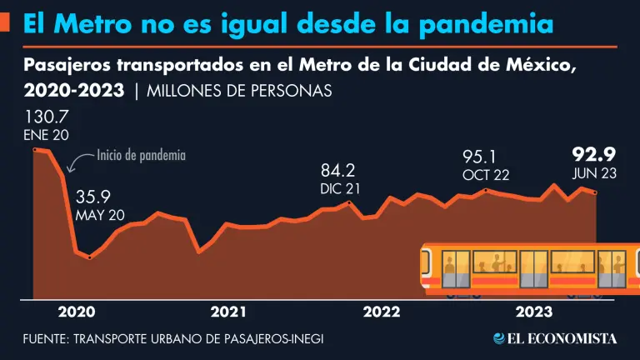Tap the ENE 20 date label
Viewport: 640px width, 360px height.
click(x=46, y=135)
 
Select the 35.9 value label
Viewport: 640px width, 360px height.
click(x=92, y=198)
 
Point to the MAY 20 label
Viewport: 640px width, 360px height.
click(x=99, y=215)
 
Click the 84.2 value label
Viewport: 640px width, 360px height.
click(x=337, y=171)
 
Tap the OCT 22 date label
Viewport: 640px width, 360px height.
click(x=485, y=175)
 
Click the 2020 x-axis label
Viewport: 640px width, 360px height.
click(x=77, y=312)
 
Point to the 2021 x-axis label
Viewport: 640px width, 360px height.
click(x=228, y=312)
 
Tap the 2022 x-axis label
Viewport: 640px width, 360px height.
click(x=382, y=312)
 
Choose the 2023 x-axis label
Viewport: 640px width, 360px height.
click(x=533, y=312)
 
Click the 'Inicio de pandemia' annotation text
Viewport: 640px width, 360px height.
click(x=141, y=155)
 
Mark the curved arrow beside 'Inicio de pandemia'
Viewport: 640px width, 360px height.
click(x=81, y=162)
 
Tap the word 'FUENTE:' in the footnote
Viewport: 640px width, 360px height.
click(x=46, y=339)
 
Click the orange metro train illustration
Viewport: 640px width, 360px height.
click(x=525, y=268)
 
